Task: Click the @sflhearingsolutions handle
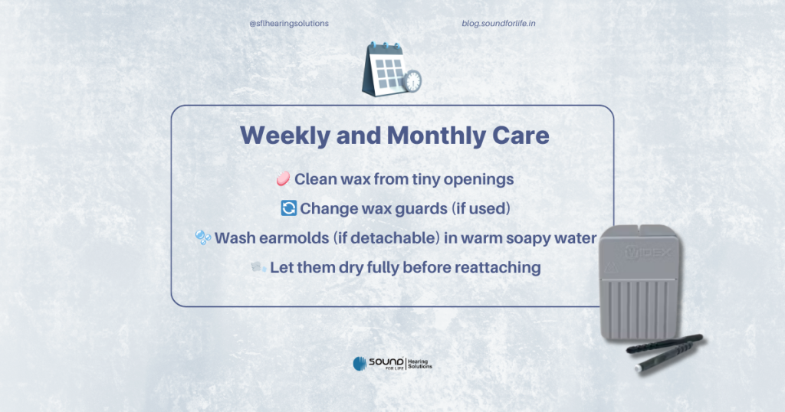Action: pos(289,24)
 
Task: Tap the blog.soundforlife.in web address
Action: pos(498,24)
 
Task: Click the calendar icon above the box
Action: pos(391,69)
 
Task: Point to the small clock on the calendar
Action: pos(412,81)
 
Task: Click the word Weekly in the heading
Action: pos(285,136)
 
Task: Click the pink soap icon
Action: pos(283,178)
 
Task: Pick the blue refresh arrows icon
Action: pos(289,208)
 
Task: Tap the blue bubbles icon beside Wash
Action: pos(202,237)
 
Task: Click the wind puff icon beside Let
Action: pos(258,267)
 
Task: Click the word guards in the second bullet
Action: pos(421,209)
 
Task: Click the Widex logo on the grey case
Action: pos(649,253)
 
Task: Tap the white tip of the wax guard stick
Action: pos(639,368)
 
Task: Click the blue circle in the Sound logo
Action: pos(360,364)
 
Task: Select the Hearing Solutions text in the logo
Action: pos(419,364)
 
